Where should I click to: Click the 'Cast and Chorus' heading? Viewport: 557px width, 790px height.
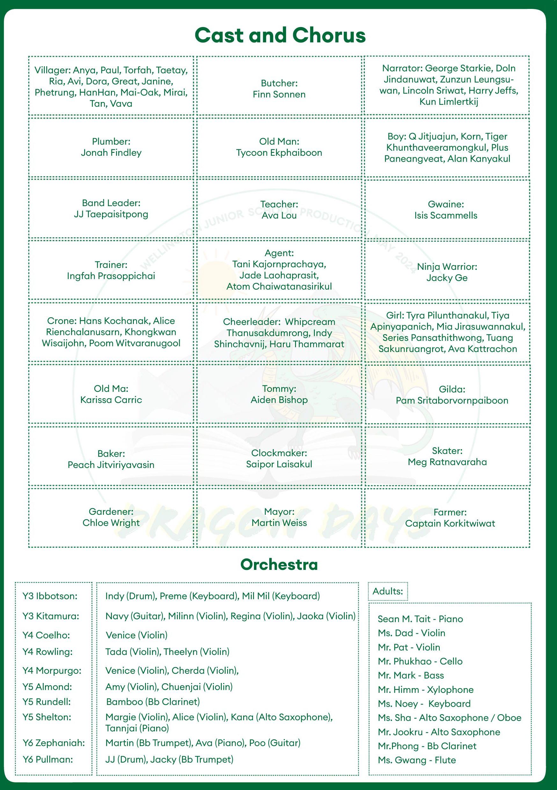pos(280,35)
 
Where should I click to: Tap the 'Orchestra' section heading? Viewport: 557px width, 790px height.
pos(279,565)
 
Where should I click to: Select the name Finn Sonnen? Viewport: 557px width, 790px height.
pos(279,94)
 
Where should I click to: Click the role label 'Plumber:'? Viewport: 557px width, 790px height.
pos(111,141)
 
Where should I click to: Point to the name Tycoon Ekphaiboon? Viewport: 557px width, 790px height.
pos(279,153)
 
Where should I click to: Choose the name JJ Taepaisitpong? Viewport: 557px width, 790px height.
pos(111,214)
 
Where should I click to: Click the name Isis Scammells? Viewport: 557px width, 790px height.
pos(446,215)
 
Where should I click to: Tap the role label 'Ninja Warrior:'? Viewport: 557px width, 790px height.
pos(447,267)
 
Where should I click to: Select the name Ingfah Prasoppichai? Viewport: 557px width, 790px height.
pos(111,276)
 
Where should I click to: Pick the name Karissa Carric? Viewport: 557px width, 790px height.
pos(111,400)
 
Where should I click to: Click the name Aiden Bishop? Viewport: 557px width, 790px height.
pos(279,400)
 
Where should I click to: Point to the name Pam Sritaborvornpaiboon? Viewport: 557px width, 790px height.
pos(452,400)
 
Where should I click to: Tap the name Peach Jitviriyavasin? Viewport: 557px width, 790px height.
pos(111,465)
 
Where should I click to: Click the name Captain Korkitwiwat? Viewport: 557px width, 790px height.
pos(450,523)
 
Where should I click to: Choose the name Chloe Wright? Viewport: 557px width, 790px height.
pos(111,523)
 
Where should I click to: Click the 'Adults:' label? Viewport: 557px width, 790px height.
pos(387,591)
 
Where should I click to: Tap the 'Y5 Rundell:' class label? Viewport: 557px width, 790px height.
pos(47,701)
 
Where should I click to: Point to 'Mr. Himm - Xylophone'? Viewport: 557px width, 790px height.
pos(425,690)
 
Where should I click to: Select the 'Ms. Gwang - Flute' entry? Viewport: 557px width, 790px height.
pos(416,760)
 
